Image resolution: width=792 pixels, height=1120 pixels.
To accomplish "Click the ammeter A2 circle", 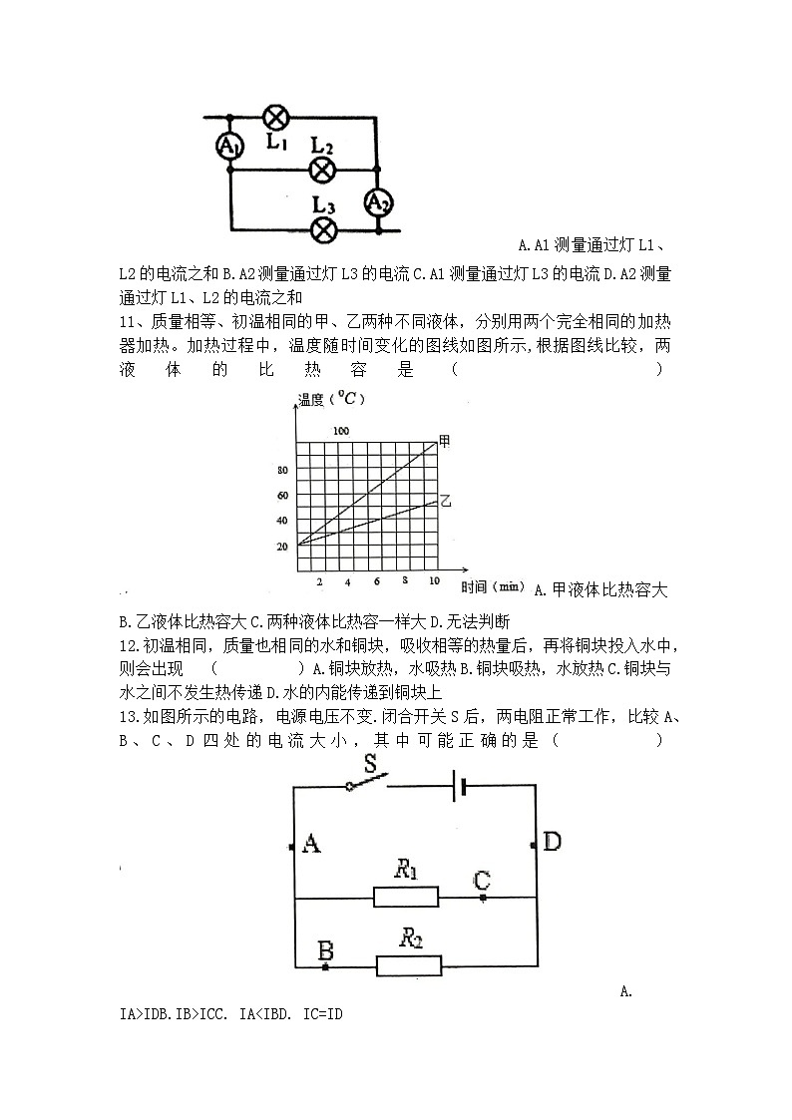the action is point(378,202).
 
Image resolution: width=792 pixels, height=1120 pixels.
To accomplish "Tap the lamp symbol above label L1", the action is point(276,117).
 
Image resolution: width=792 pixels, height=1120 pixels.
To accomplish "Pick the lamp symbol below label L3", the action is point(322,230).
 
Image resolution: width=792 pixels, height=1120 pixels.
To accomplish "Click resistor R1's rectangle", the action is point(406,897).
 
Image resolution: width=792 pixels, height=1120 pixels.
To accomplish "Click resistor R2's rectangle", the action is point(408,964).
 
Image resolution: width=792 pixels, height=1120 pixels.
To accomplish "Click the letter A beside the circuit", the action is point(310,845).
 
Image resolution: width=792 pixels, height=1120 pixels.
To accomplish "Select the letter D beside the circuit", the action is point(551,842).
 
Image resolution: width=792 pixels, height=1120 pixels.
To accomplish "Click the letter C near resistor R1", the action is point(482,881).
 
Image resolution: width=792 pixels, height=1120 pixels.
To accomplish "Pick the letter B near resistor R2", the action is point(325,950).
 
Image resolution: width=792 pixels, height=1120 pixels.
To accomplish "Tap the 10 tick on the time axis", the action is point(434,581).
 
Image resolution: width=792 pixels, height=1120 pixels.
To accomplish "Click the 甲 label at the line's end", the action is point(445,440).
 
